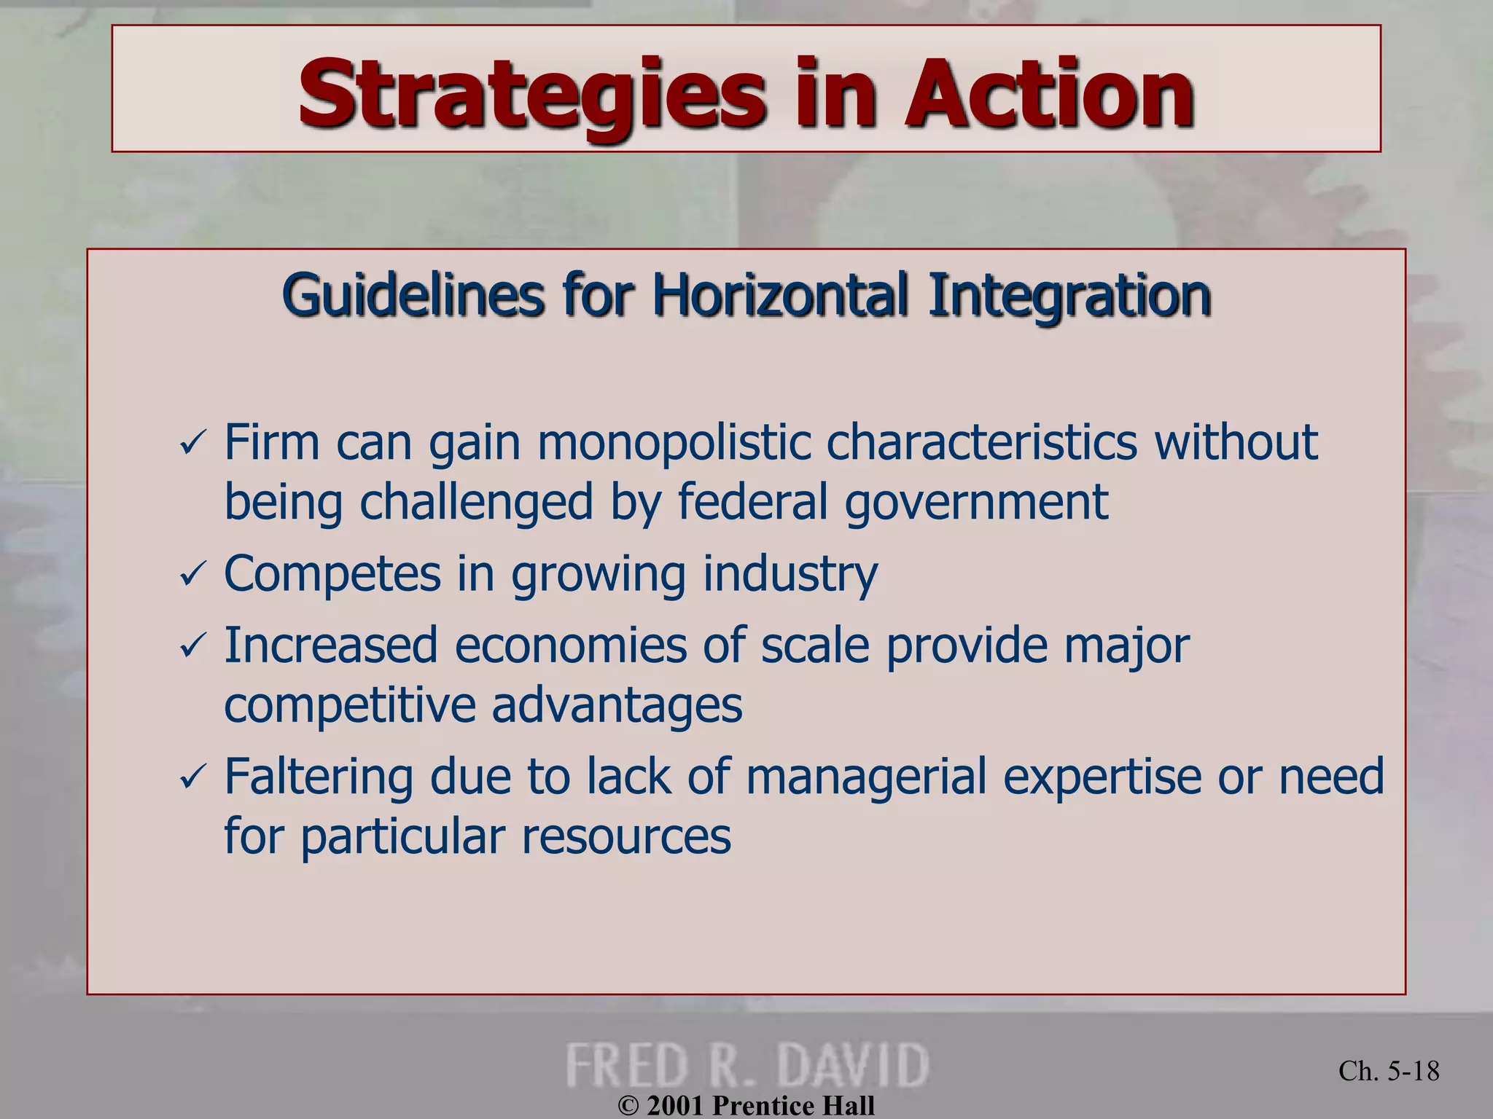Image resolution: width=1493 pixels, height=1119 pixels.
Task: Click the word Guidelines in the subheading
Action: tap(413, 296)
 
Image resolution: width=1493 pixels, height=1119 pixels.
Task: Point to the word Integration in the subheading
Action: tap(1069, 296)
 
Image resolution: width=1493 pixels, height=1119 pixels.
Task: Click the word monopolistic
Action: tap(674, 442)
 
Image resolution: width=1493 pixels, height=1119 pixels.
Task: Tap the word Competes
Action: tap(332, 574)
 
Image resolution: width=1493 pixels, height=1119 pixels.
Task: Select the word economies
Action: tap(570, 645)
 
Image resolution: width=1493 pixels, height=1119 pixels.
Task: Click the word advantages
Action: tap(617, 705)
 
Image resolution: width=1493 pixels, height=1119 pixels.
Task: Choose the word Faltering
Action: tap(319, 776)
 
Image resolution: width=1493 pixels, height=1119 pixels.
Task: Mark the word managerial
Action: tap(866, 776)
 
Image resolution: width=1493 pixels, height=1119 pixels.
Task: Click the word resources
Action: tap(625, 836)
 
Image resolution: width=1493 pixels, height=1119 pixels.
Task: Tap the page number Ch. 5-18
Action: tap(1389, 1071)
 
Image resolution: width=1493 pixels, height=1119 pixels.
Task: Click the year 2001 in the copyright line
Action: tap(675, 1105)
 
